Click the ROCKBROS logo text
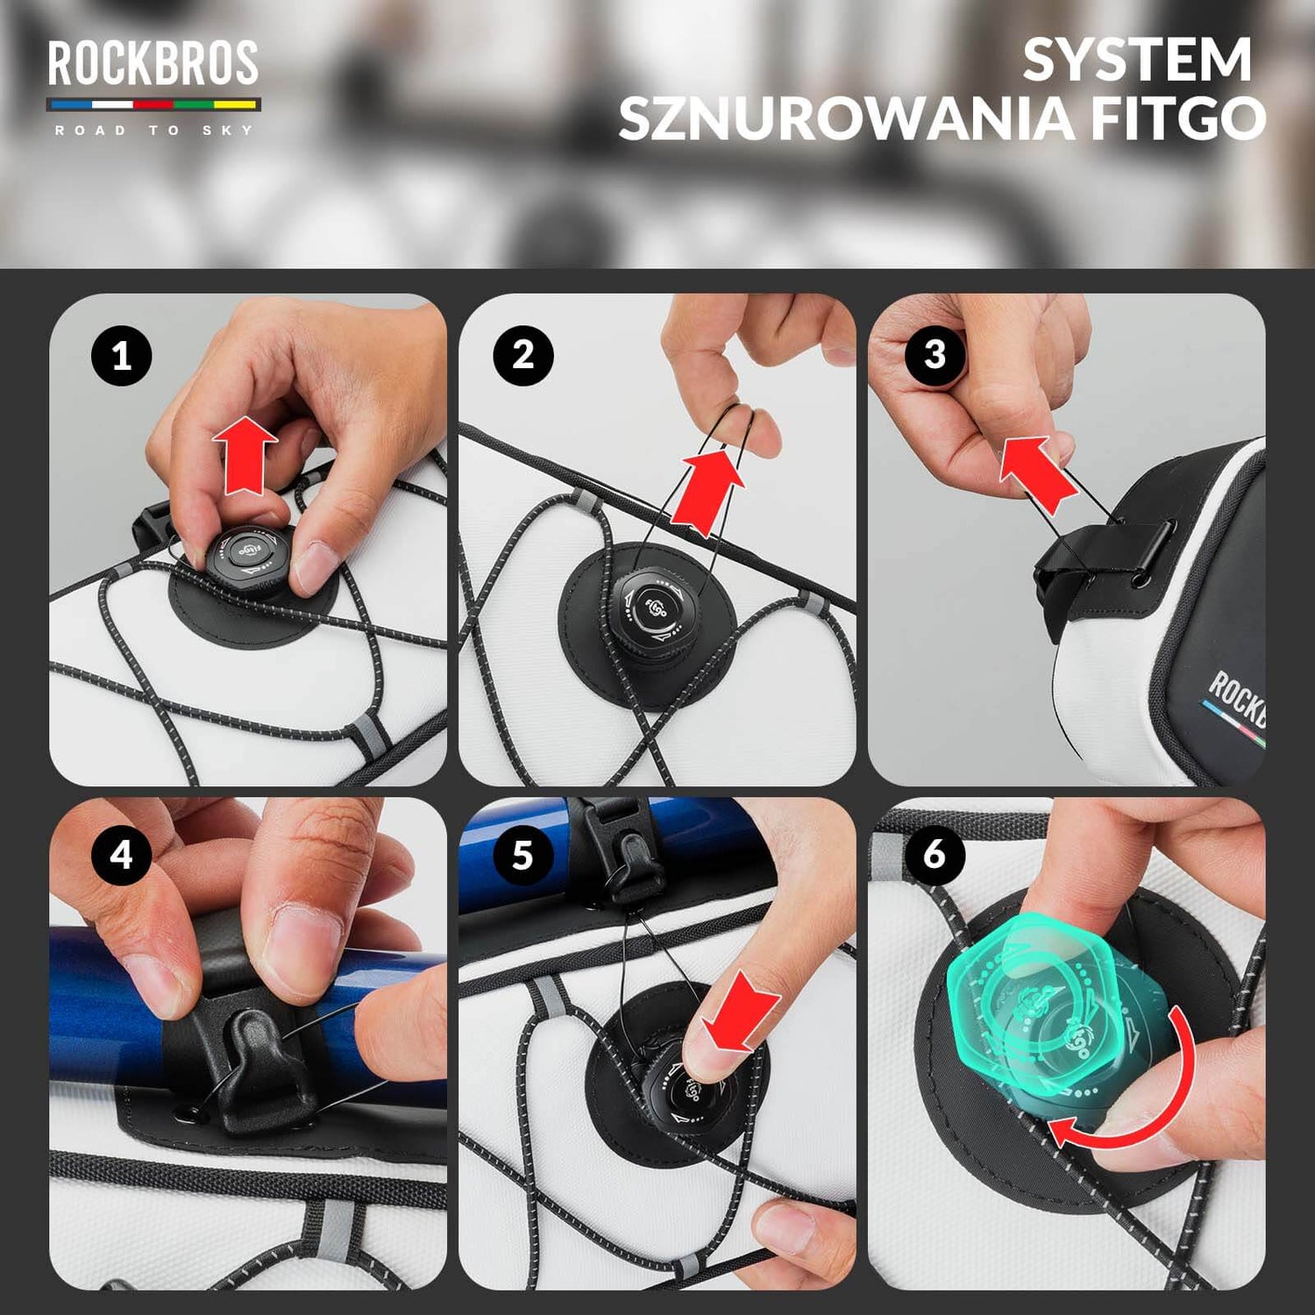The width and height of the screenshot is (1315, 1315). [x=153, y=63]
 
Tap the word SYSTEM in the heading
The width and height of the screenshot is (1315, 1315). [x=1136, y=60]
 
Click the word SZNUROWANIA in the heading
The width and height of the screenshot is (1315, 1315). [x=845, y=118]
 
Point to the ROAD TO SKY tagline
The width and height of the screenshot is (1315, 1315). [x=153, y=131]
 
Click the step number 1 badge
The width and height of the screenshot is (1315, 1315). [x=122, y=356]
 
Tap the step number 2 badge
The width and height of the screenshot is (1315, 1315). [x=523, y=355]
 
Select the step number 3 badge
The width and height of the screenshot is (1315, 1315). [x=935, y=354]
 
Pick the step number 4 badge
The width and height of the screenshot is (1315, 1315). [x=122, y=854]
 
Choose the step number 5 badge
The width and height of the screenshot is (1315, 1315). [x=523, y=854]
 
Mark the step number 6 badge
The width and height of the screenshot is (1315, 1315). [x=935, y=853]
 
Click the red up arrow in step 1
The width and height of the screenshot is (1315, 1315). [x=245, y=454]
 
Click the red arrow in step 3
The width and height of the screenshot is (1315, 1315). [x=1039, y=473]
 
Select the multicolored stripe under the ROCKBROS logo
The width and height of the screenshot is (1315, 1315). [x=153, y=104]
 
